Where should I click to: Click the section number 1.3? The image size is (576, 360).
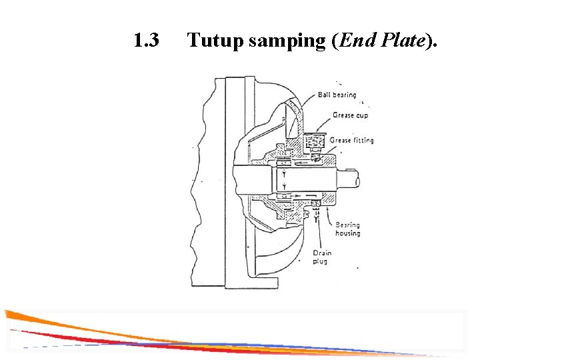[146, 41]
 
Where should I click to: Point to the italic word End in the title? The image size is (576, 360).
[355, 41]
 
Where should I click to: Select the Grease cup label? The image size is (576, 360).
[350, 115]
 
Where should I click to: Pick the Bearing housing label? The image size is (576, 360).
[347, 229]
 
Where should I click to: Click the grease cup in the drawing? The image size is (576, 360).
[312, 143]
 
